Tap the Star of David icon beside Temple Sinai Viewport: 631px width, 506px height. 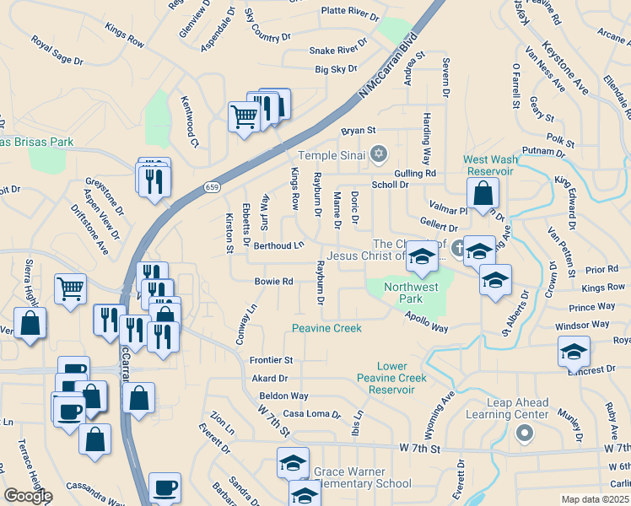pyautogui.click(x=379, y=153)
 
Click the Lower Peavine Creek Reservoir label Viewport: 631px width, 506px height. pyautogui.click(x=391, y=378)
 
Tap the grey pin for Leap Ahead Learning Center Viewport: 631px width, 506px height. pyautogui.click(x=524, y=433)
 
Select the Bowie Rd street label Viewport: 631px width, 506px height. pyautogui.click(x=274, y=282)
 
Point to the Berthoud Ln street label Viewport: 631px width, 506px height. pyautogui.click(x=278, y=245)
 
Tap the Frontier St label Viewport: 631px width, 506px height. pyautogui.click(x=271, y=360)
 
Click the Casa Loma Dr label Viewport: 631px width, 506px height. pyautogui.click(x=311, y=414)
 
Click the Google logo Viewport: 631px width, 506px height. pyautogui.click(x=28, y=496)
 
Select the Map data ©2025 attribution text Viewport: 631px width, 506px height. pyautogui.click(x=596, y=499)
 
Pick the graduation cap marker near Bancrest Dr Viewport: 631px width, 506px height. pyautogui.click(x=574, y=350)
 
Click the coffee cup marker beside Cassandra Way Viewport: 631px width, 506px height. pyautogui.click(x=164, y=487)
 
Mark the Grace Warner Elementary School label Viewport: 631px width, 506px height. pyautogui.click(x=362, y=477)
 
